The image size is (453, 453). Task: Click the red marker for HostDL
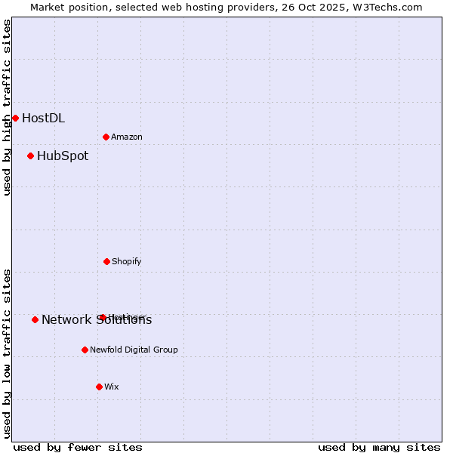click(15, 118)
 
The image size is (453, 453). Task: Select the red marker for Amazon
click(106, 137)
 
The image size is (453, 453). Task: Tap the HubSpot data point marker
click(30, 156)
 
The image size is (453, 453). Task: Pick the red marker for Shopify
click(106, 261)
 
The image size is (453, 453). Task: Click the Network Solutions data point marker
click(35, 319)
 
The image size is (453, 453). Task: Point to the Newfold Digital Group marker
click(85, 350)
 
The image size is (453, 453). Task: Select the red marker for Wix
click(99, 387)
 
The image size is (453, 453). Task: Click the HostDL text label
click(43, 118)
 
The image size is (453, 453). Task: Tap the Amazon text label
click(127, 137)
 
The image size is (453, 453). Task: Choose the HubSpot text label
click(63, 156)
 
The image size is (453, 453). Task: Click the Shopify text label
click(127, 261)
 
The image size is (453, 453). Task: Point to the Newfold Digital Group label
click(134, 350)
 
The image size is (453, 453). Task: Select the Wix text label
click(112, 387)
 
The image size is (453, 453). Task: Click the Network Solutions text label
click(97, 320)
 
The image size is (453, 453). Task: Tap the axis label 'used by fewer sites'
click(78, 448)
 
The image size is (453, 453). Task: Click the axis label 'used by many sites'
click(379, 448)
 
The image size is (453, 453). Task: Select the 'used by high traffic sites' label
click(7, 107)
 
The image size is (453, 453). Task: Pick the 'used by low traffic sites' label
click(7, 353)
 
